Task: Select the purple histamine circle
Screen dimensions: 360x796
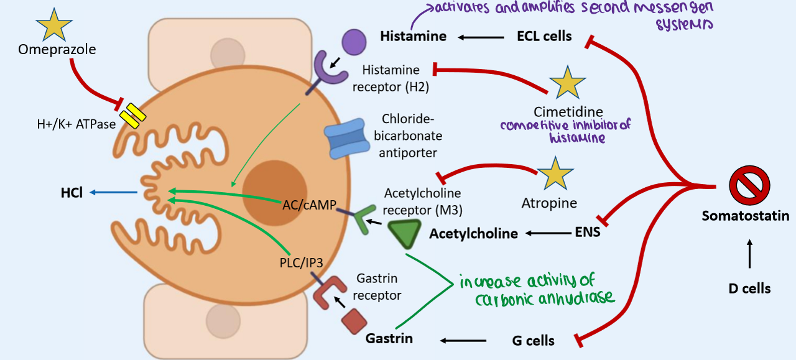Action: [354, 43]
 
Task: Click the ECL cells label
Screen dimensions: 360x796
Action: [544, 36]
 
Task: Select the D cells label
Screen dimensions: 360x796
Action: [749, 288]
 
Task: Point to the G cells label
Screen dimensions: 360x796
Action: [533, 340]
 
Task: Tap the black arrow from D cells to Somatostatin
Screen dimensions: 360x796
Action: [749, 254]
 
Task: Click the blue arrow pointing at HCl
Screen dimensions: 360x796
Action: [113, 193]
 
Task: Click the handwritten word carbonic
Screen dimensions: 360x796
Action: [502, 300]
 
